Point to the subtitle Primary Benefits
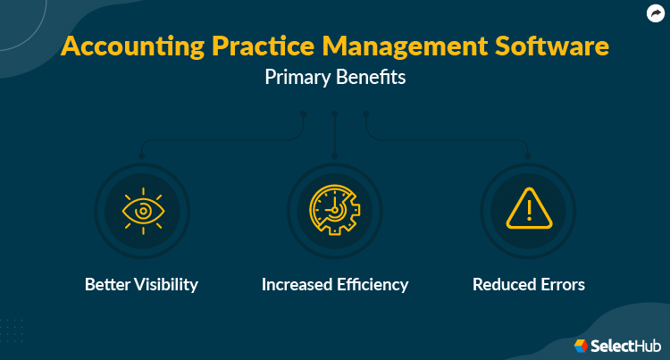tap(335, 78)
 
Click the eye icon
tap(142, 213)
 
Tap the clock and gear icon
tap(334, 213)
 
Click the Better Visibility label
tap(141, 285)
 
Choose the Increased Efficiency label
tap(335, 285)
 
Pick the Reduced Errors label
tap(528, 285)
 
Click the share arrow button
tap(655, 13)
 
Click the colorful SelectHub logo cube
tap(581, 345)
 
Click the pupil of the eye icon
tap(142, 213)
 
